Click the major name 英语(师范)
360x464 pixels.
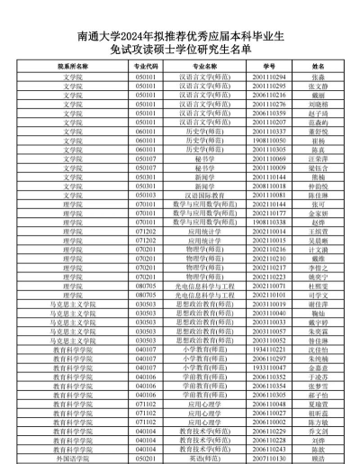pos(199,458)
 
